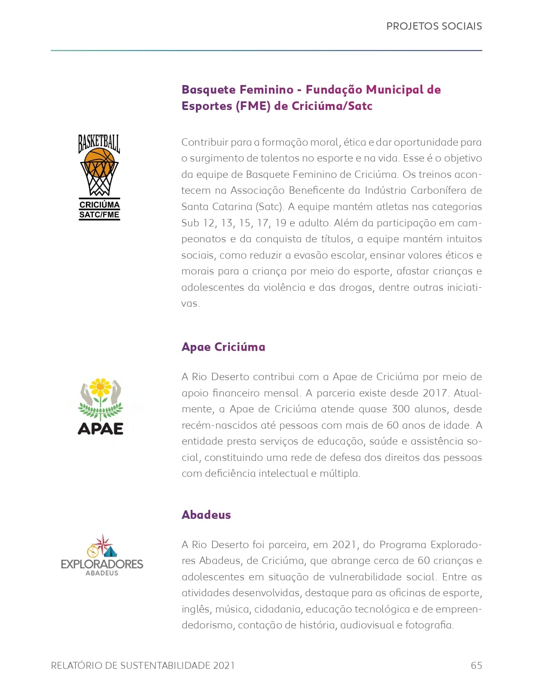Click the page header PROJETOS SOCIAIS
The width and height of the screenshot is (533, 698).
[434, 26]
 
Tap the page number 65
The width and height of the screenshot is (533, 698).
[476, 665]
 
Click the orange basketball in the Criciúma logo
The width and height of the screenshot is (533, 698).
[99, 162]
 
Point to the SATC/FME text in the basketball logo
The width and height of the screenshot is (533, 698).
[99, 214]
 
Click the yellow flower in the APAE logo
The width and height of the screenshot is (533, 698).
[101, 387]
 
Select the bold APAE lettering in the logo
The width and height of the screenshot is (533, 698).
[101, 428]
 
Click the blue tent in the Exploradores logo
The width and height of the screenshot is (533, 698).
[110, 551]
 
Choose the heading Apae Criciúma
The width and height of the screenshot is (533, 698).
[223, 347]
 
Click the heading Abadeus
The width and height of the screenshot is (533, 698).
[206, 515]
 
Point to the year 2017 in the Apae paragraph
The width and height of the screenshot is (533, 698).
[435, 393]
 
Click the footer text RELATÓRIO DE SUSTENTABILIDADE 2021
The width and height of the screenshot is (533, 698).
[143, 665]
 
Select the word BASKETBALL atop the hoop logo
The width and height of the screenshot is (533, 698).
[99, 142]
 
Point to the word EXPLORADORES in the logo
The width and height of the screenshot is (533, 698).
[102, 564]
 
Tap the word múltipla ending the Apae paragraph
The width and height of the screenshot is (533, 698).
[340, 473]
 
